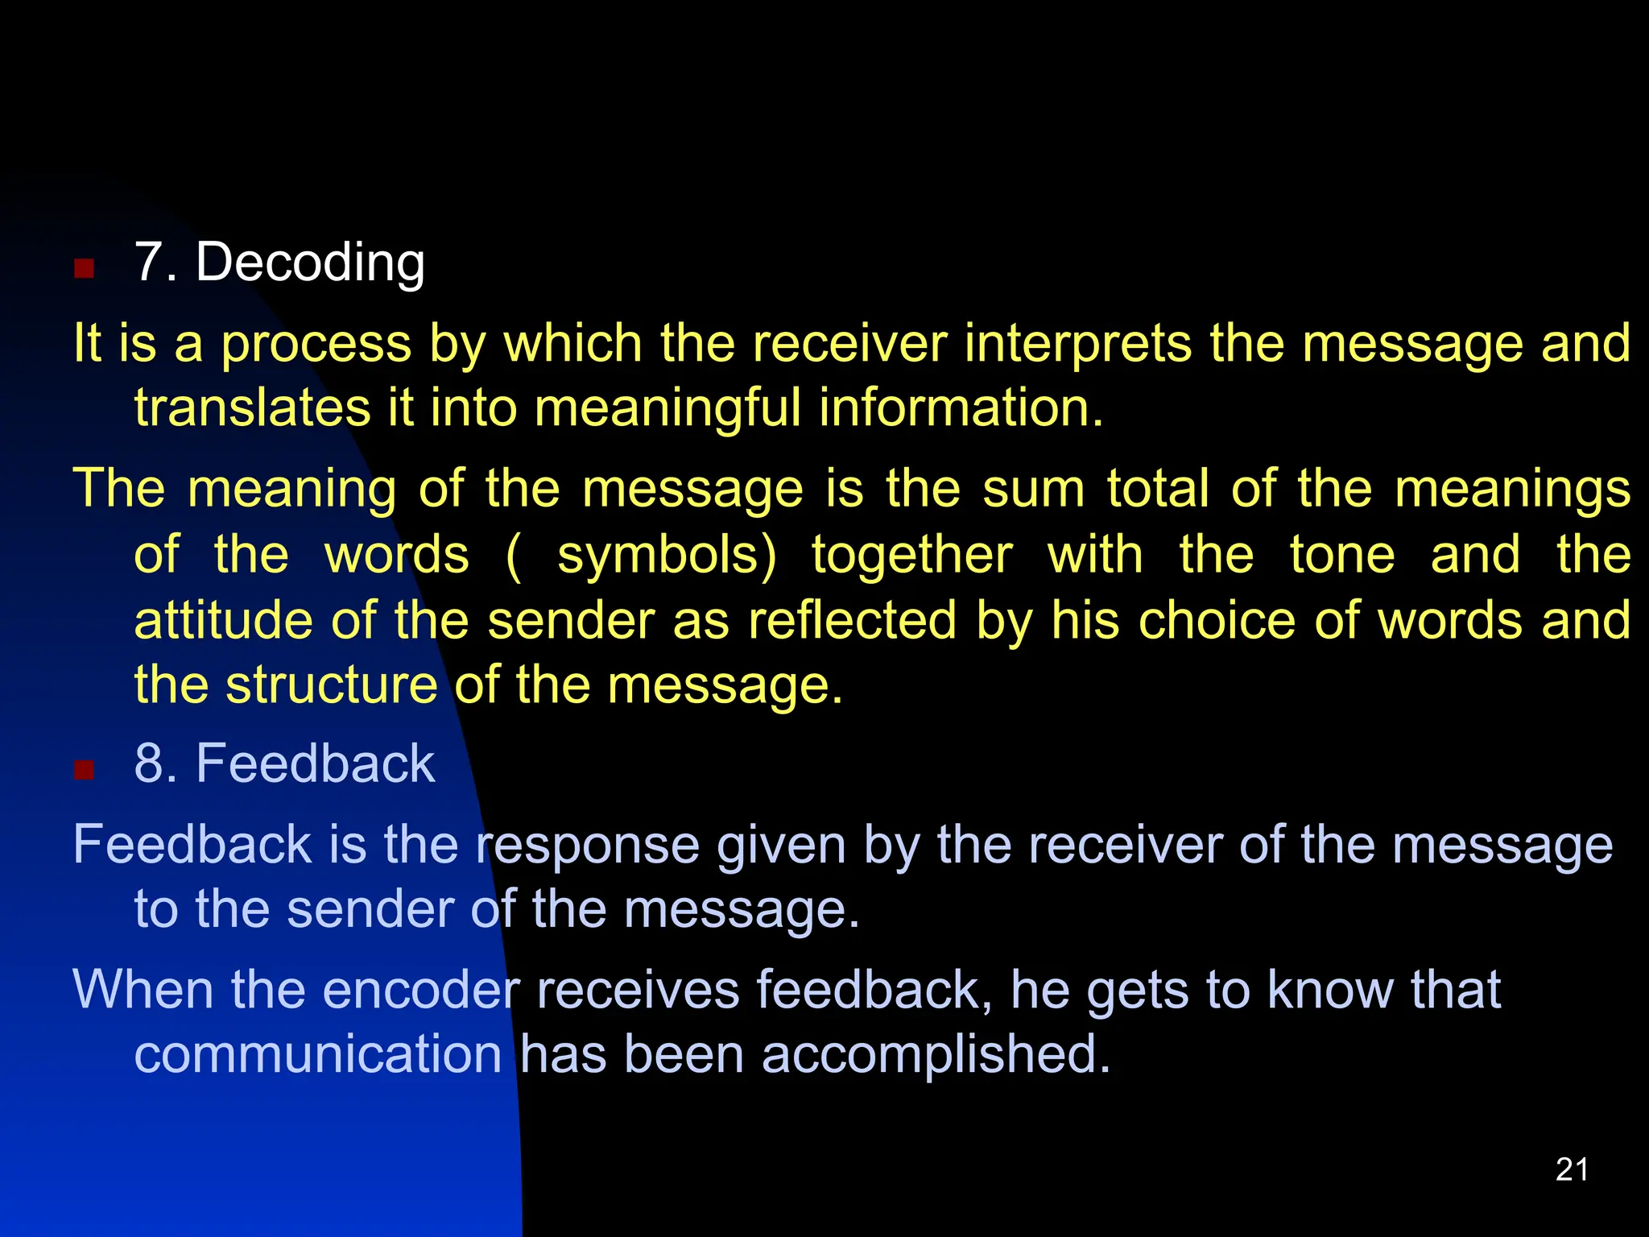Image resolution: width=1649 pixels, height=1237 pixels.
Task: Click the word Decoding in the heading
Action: tap(310, 263)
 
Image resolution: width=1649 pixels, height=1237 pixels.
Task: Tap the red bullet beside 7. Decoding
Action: tap(84, 268)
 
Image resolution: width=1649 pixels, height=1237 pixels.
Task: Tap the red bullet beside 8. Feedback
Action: tap(84, 770)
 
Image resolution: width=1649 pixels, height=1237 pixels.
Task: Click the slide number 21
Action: tap(1572, 1169)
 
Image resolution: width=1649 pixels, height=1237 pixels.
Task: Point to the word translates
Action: tap(252, 408)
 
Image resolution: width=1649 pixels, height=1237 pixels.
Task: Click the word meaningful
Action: tap(667, 409)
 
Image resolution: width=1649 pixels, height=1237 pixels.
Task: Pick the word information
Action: tap(961, 408)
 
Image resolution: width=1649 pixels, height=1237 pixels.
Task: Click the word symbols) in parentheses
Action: tap(667, 556)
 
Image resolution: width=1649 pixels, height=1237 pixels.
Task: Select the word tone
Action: tap(1342, 555)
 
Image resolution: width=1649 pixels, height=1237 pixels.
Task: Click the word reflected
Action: tap(853, 621)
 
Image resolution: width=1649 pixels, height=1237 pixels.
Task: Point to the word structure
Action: tap(332, 685)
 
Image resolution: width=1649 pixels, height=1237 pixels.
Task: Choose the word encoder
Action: tap(421, 990)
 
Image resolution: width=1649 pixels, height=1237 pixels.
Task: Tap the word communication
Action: tap(318, 1054)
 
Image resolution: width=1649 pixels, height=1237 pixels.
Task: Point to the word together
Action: tap(911, 556)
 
